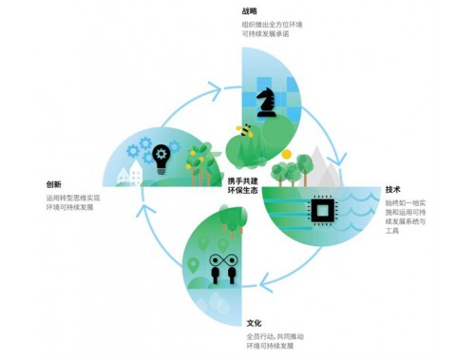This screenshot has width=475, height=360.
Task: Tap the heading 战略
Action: [x=249, y=10]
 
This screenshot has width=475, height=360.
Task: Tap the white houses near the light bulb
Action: [x=129, y=175]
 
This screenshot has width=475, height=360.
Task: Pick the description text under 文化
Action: [x=281, y=343]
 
